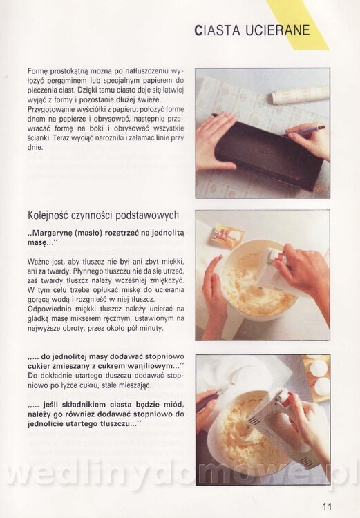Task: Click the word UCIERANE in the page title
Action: pyautogui.click(x=278, y=30)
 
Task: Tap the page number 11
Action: pyautogui.click(x=327, y=506)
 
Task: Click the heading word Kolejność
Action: pyautogui.click(x=47, y=215)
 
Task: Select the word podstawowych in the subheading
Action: pyautogui.click(x=147, y=215)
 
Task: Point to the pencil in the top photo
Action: pyautogui.click(x=303, y=131)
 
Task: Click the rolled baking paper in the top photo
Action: pyautogui.click(x=300, y=95)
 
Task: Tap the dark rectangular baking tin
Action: pyautogui.click(x=268, y=151)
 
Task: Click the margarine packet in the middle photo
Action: pyautogui.click(x=227, y=235)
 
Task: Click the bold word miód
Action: pyautogui.click(x=175, y=404)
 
